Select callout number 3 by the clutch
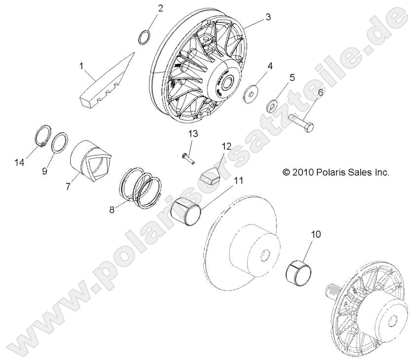click(x=268, y=17)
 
